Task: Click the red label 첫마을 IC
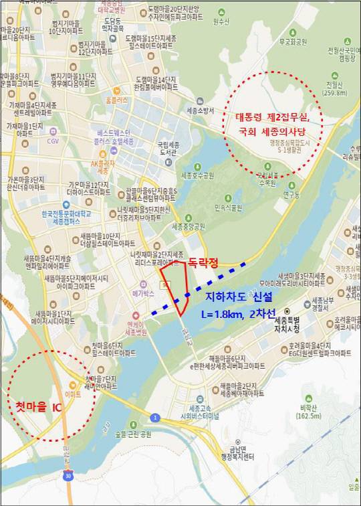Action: (x=39, y=407)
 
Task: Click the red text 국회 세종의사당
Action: (x=273, y=133)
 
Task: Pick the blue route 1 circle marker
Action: (x=155, y=418)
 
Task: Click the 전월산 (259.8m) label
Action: (x=334, y=88)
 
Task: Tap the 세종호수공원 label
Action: (x=198, y=176)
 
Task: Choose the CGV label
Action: (x=53, y=141)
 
